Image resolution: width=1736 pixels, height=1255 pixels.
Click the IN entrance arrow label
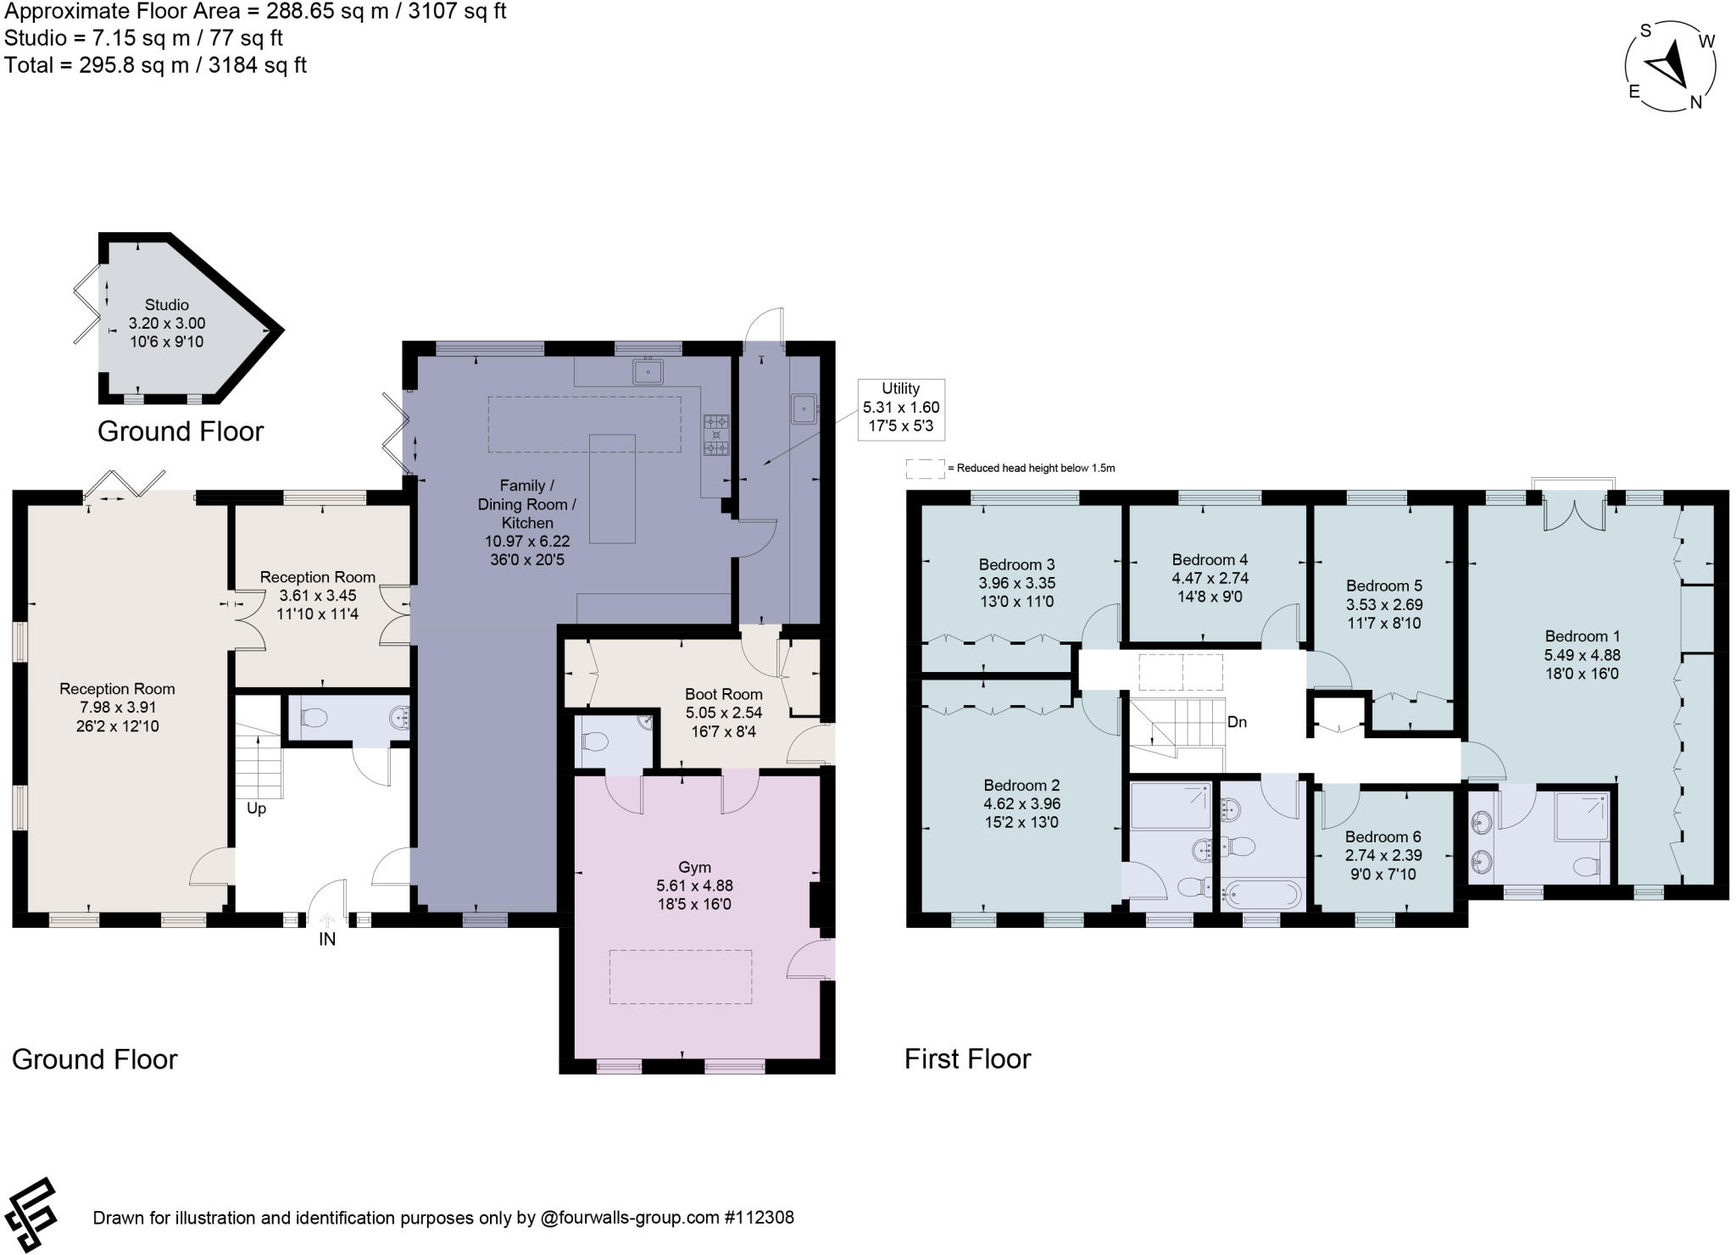pos(327,939)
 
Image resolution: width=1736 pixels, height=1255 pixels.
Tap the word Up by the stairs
pos(256,808)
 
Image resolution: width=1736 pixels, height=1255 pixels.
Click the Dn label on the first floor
pos(1237,723)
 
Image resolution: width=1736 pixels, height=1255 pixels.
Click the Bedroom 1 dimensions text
pos(1582,664)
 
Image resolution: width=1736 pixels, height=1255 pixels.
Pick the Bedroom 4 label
pos(1210,559)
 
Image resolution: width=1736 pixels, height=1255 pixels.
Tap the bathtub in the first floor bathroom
pos(1261,892)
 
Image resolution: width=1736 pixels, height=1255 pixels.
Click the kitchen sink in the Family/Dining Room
pos(648,370)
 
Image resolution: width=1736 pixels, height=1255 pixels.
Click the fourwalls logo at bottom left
pos(31,1214)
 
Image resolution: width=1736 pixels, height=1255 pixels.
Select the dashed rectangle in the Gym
pos(681,977)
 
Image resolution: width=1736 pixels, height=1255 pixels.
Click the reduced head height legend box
pos(926,468)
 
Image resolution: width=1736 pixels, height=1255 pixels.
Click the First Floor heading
pos(967,1058)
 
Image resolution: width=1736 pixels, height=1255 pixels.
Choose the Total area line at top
pos(155,65)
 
